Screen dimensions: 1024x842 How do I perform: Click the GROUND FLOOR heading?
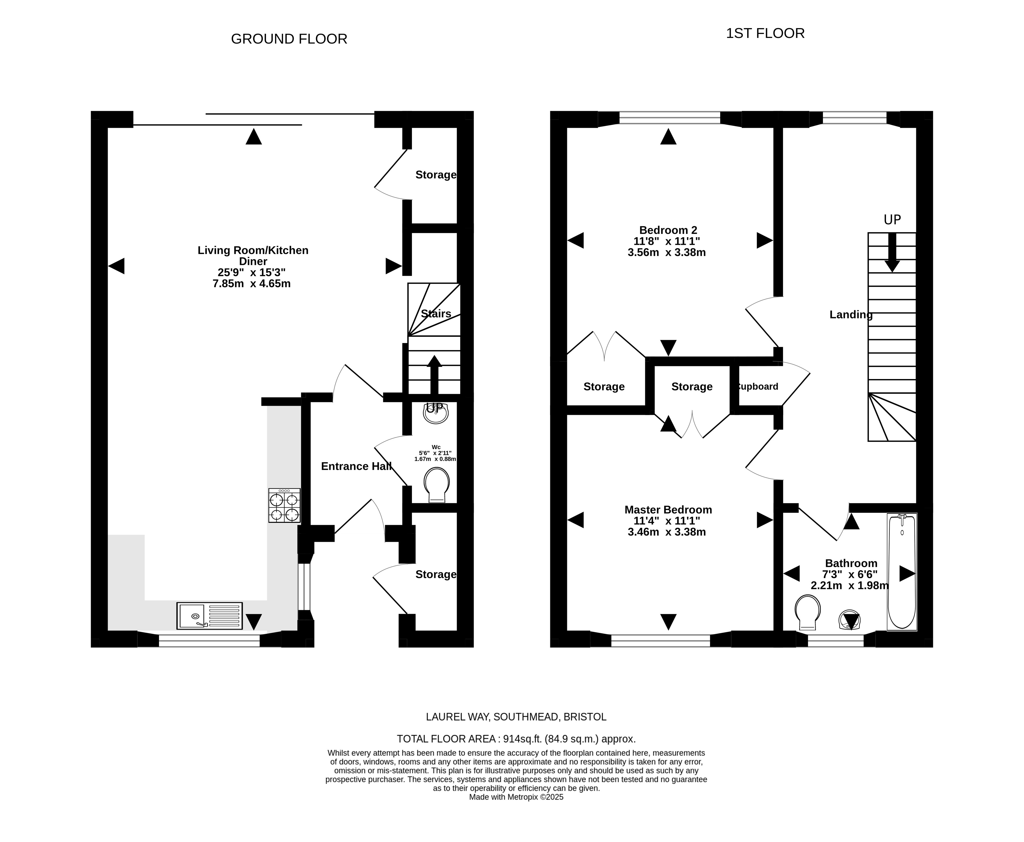click(x=289, y=39)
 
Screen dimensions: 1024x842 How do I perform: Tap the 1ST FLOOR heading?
click(x=765, y=33)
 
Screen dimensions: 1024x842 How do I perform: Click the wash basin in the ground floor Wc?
click(x=436, y=413)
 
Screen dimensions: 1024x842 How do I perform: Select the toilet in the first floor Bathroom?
click(x=808, y=612)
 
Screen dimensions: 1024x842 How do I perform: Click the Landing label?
click(x=851, y=315)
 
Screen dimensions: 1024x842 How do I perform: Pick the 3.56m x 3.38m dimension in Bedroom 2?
click(x=666, y=252)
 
